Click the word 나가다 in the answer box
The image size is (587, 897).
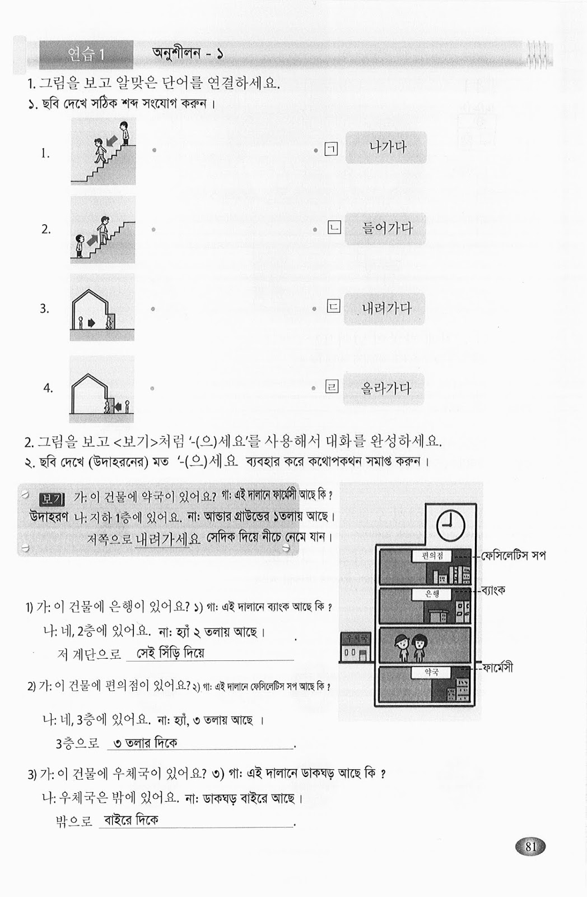point(386,148)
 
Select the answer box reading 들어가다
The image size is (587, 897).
point(386,229)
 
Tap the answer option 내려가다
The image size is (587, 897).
point(386,308)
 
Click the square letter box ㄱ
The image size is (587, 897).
point(332,149)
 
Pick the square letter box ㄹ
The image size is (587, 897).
point(332,387)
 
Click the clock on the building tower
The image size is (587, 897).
point(450,525)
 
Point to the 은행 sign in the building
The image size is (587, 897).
point(432,594)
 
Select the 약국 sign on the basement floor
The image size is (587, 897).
point(431,672)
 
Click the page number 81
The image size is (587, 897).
point(531,847)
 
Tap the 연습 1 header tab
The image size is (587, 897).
point(86,54)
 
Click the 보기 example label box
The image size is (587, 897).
point(52,498)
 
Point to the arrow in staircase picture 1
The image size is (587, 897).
point(112,137)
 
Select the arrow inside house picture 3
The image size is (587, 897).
point(92,323)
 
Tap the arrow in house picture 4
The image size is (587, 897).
point(118,406)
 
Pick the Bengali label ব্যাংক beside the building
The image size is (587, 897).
point(493,590)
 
